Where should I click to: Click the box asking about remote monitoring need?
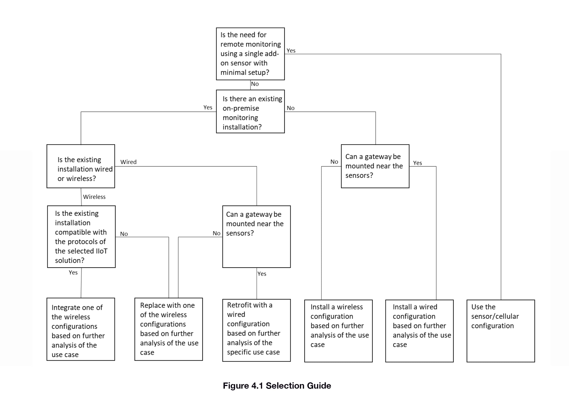pos(250,54)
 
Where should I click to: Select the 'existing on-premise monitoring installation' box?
pos(250,111)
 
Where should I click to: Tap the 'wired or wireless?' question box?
pos(81,166)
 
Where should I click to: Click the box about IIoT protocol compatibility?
pos(81,237)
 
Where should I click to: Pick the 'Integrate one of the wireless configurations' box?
pos(81,329)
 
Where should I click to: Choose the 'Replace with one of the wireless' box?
pos(168,329)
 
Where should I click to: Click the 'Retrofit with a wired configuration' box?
pos(257,330)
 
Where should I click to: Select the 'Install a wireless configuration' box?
pos(338,331)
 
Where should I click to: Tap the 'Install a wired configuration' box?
pos(419,331)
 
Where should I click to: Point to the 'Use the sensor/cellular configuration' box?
pos(501,331)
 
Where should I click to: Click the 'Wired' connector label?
pos(128,162)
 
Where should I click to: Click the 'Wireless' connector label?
pos(94,197)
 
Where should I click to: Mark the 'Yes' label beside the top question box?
pos(291,50)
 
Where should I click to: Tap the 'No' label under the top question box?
pos(255,84)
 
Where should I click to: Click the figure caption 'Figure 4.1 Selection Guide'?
pos(277,386)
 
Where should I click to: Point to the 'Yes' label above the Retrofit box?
pos(262,274)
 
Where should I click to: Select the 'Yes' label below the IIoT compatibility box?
pos(73,272)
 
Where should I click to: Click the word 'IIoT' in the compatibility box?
pos(101,251)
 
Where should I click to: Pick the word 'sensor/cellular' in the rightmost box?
pos(495,316)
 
